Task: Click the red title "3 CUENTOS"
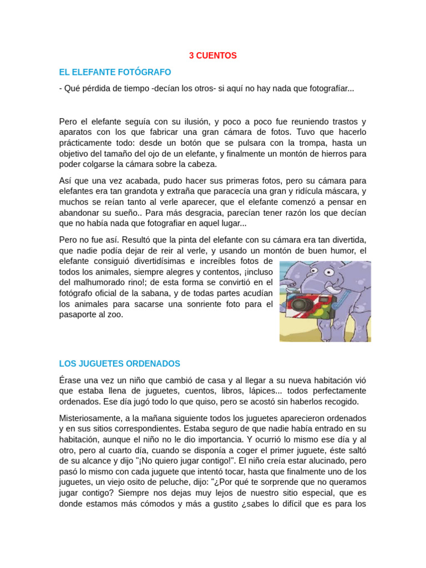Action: [x=212, y=55]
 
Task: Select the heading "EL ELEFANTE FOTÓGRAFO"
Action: [x=115, y=72]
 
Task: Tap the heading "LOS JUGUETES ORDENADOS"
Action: [x=119, y=364]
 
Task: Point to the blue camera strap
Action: [x=343, y=301]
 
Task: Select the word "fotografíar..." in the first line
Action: [x=328, y=89]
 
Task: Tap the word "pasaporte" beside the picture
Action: [x=79, y=315]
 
